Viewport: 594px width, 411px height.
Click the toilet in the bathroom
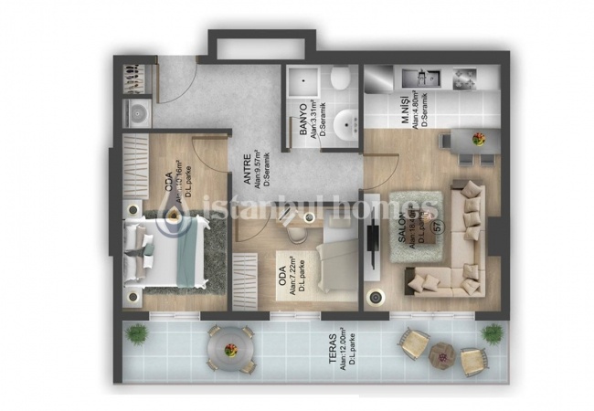(x=340, y=80)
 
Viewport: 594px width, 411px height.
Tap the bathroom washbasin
(x=345, y=123)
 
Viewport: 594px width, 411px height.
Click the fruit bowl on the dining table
(x=478, y=139)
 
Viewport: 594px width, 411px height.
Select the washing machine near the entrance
(x=137, y=113)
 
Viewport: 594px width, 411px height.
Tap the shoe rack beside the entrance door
(x=137, y=80)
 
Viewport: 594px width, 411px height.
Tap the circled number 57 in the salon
(x=439, y=226)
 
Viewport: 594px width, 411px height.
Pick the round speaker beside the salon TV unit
(x=374, y=298)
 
